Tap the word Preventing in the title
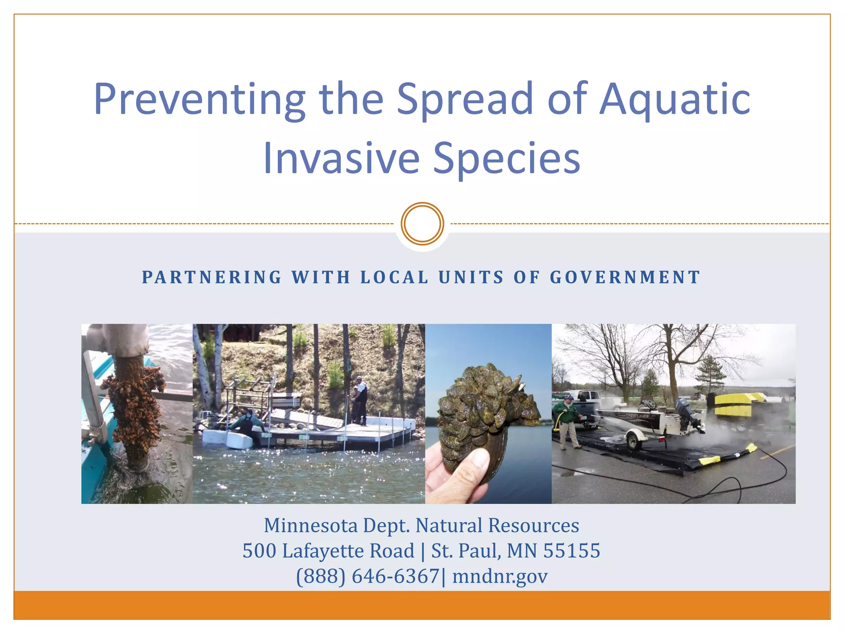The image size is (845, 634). click(200, 99)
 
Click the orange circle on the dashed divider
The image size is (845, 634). click(422, 224)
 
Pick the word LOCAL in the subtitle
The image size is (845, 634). click(394, 277)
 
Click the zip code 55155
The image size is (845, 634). click(571, 551)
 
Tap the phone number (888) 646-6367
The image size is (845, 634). click(368, 576)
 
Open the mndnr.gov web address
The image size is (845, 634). click(500, 576)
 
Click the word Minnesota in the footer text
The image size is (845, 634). click(311, 525)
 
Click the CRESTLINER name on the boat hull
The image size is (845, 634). click(637, 416)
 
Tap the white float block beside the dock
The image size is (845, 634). click(239, 440)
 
